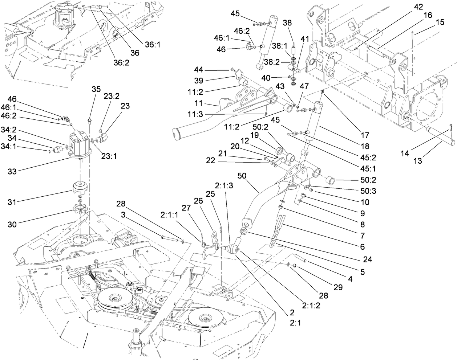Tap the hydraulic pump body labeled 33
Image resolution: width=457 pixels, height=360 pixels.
click(81, 146)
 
